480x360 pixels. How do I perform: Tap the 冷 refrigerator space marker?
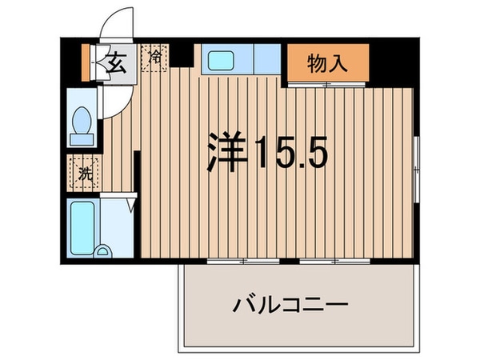[154, 58]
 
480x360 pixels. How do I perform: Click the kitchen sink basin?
[218, 61]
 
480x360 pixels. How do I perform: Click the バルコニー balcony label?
[290, 305]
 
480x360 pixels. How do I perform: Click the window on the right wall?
[416, 163]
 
